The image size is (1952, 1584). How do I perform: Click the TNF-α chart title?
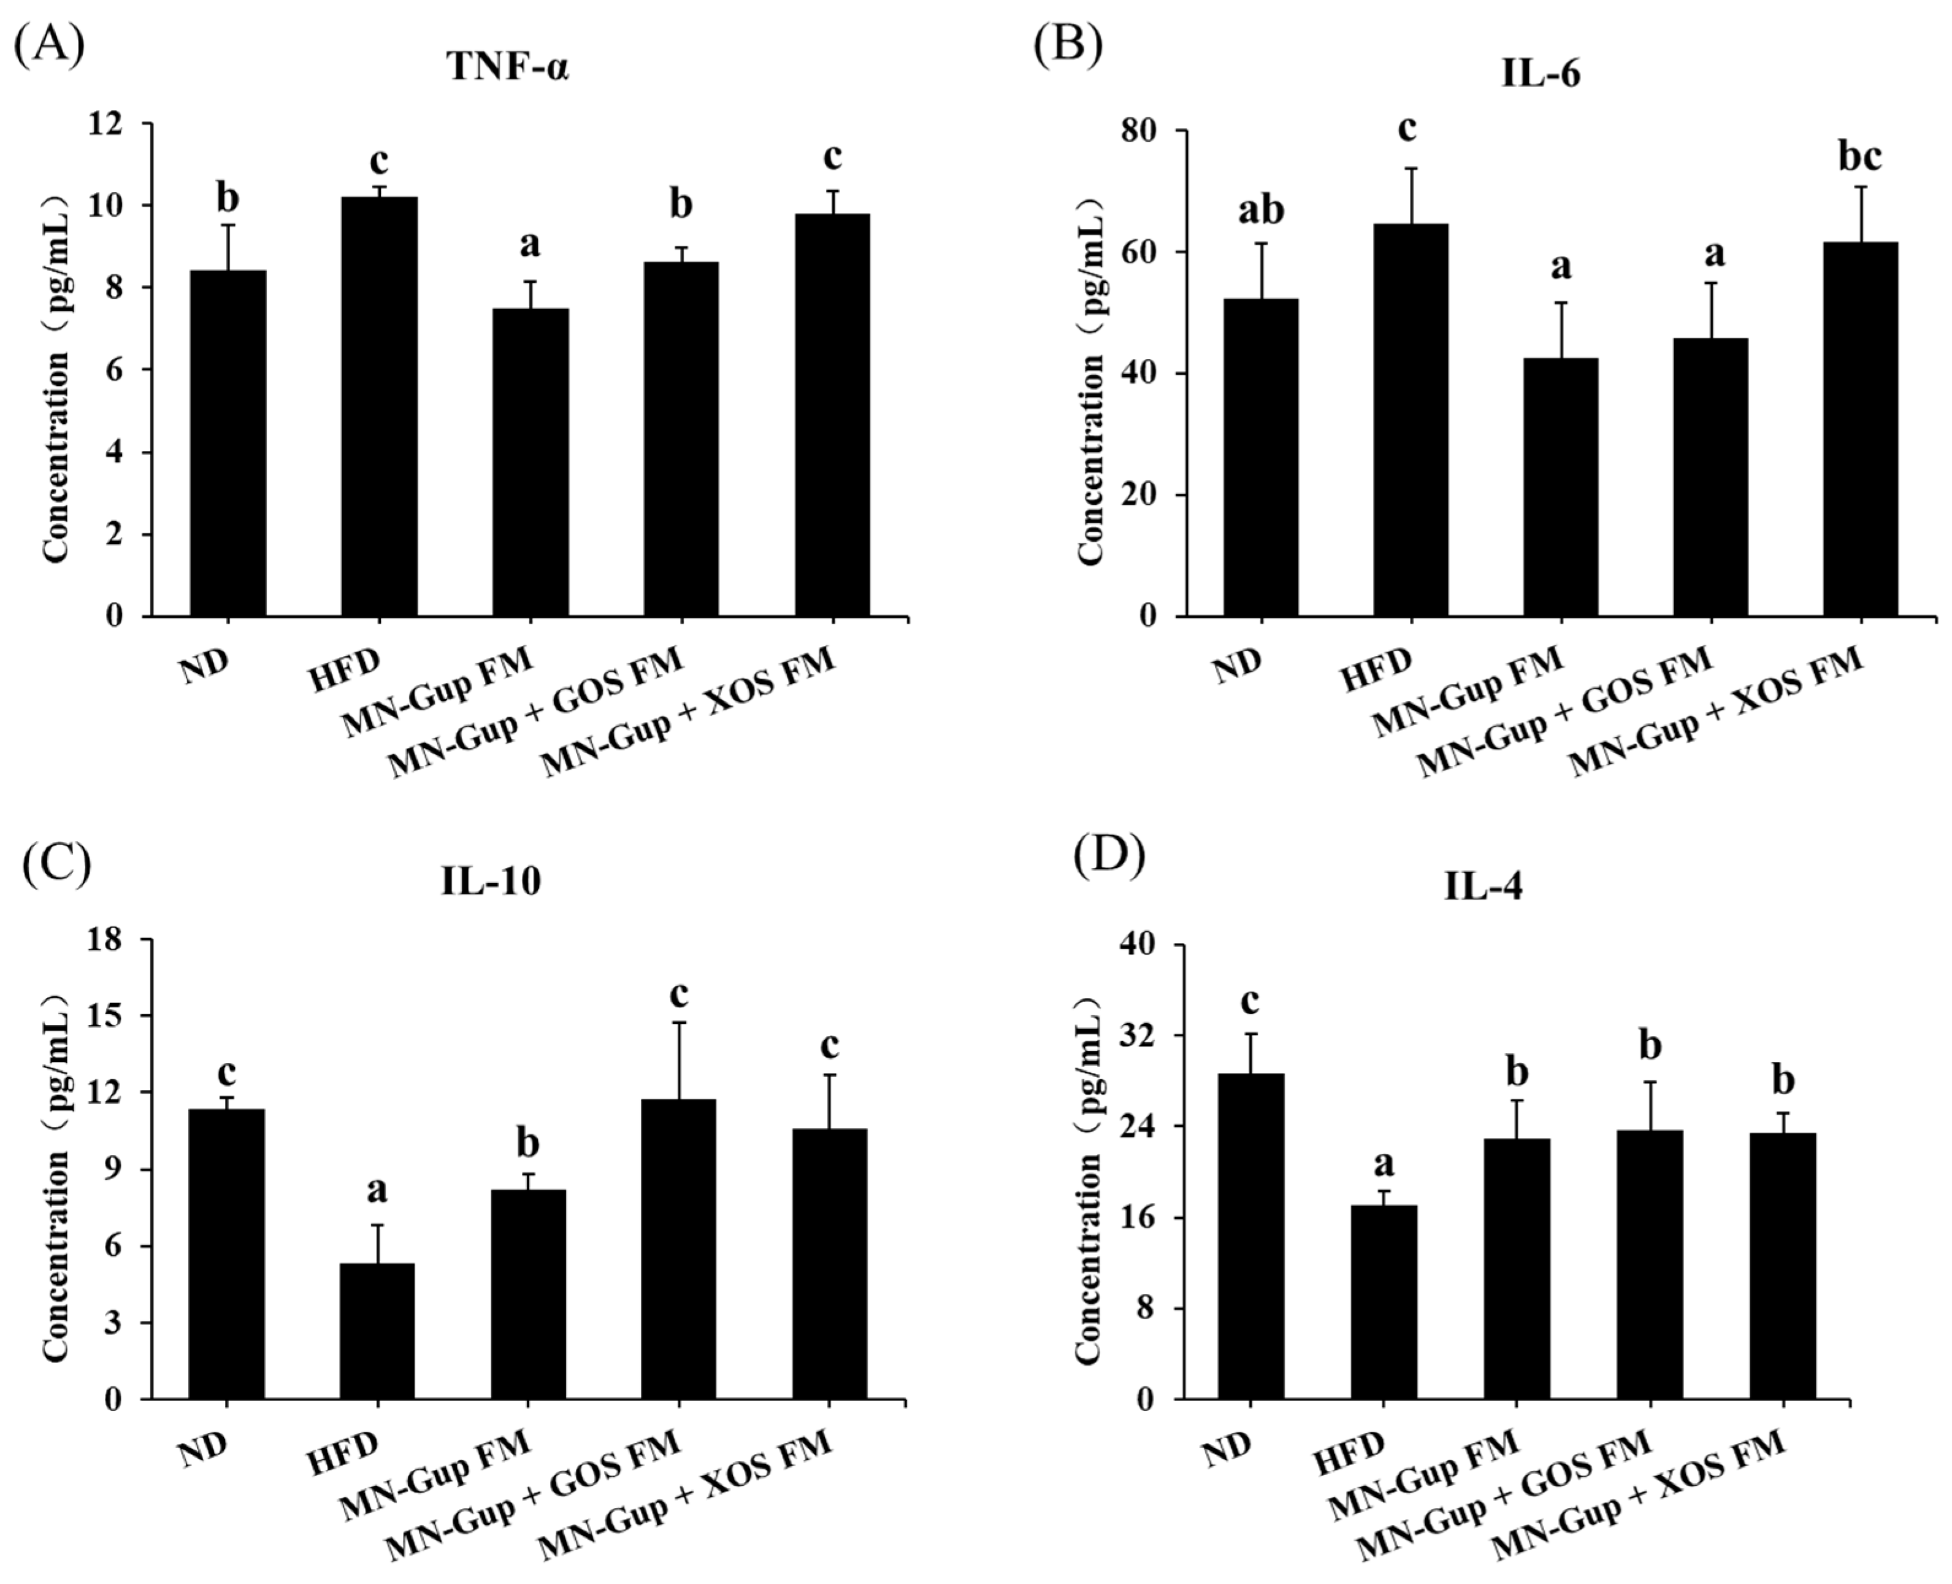point(508,67)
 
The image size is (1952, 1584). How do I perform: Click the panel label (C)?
point(56,863)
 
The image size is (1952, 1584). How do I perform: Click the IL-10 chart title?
point(491,882)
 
